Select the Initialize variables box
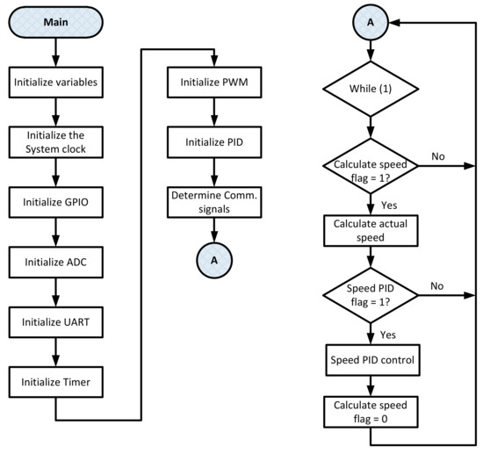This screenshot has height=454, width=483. point(56,83)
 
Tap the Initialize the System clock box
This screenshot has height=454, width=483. point(56,143)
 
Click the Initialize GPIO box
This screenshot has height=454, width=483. point(56,202)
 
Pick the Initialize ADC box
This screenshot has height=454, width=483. point(56,262)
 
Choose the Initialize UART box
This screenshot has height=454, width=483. point(56,321)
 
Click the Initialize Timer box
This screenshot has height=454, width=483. point(56,381)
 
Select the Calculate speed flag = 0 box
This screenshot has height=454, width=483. point(371,414)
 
